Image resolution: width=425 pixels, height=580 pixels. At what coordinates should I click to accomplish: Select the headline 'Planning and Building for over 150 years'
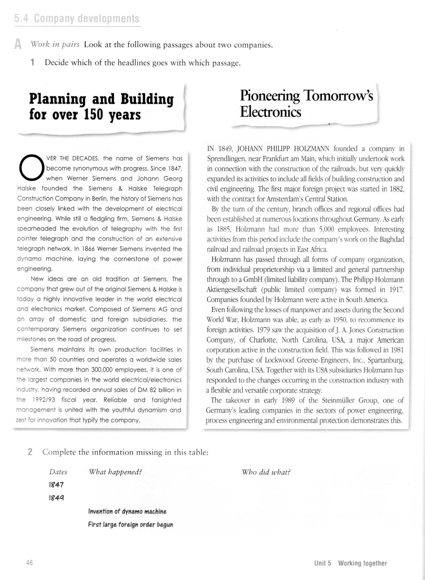pyautogui.click(x=101, y=107)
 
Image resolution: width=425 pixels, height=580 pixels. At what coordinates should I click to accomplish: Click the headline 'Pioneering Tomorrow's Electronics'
pyautogui.click(x=306, y=104)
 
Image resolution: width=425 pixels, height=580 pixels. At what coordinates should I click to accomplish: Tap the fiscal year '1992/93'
pyautogui.click(x=42, y=400)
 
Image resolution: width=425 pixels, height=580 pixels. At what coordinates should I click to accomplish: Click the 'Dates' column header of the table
pyautogui.click(x=58, y=472)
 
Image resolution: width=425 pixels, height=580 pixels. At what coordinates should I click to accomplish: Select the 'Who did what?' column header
pyautogui.click(x=266, y=472)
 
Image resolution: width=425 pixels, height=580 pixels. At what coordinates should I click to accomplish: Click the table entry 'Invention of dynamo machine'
pyautogui.click(x=127, y=512)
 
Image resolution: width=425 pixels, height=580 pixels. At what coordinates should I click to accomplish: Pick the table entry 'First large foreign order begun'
pyautogui.click(x=130, y=525)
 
